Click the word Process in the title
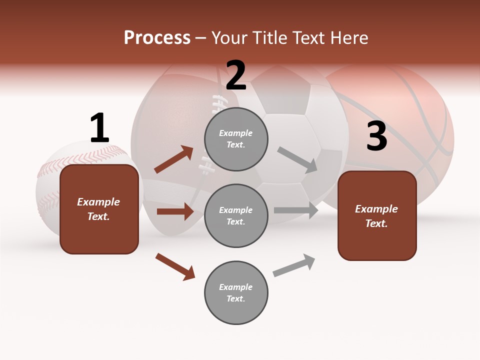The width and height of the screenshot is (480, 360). click(x=157, y=37)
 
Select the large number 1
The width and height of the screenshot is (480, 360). click(x=99, y=128)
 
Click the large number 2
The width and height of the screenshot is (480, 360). click(x=236, y=75)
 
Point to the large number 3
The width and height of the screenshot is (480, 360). click(x=376, y=136)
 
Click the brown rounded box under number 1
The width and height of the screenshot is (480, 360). click(x=99, y=209)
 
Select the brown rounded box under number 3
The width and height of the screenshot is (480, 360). click(x=377, y=216)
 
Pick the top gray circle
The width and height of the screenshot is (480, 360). click(x=236, y=139)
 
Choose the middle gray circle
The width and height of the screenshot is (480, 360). click(x=236, y=216)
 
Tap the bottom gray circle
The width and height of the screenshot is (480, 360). click(x=236, y=293)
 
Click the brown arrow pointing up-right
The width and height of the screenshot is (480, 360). click(x=173, y=159)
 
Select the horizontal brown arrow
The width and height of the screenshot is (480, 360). click(x=175, y=211)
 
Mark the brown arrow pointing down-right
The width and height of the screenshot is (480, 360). click(x=175, y=266)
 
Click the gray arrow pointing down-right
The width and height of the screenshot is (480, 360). click(x=297, y=159)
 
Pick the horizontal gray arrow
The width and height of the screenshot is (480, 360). click(x=295, y=210)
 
